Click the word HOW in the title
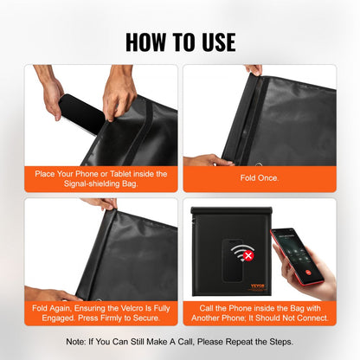tap(146, 41)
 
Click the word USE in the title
tap(215, 41)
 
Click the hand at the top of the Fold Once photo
tap(253, 70)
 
